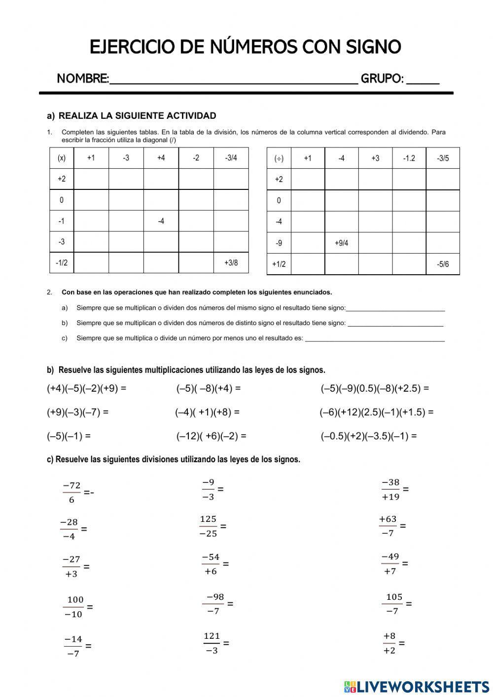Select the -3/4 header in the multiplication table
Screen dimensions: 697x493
(x=231, y=158)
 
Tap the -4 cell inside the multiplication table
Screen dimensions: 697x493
(x=161, y=221)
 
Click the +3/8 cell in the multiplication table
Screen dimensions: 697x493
(x=231, y=263)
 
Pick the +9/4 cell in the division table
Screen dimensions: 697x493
(x=341, y=243)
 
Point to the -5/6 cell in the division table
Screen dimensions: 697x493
(x=443, y=264)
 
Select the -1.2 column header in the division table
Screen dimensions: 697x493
(x=409, y=158)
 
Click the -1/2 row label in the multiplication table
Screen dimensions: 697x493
(x=62, y=263)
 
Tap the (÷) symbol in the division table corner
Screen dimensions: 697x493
(x=279, y=158)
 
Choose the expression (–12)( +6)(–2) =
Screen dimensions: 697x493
(x=211, y=436)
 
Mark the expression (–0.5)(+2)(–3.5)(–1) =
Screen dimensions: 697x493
(x=368, y=436)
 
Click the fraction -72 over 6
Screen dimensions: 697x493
(x=72, y=492)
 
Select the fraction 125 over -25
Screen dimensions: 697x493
(x=208, y=526)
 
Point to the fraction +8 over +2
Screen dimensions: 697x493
(x=389, y=643)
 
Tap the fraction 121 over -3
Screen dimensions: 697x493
(x=211, y=643)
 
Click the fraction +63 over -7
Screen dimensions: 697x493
(x=388, y=526)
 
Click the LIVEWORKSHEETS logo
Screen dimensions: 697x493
(x=417, y=686)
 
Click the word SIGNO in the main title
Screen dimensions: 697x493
(x=373, y=47)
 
